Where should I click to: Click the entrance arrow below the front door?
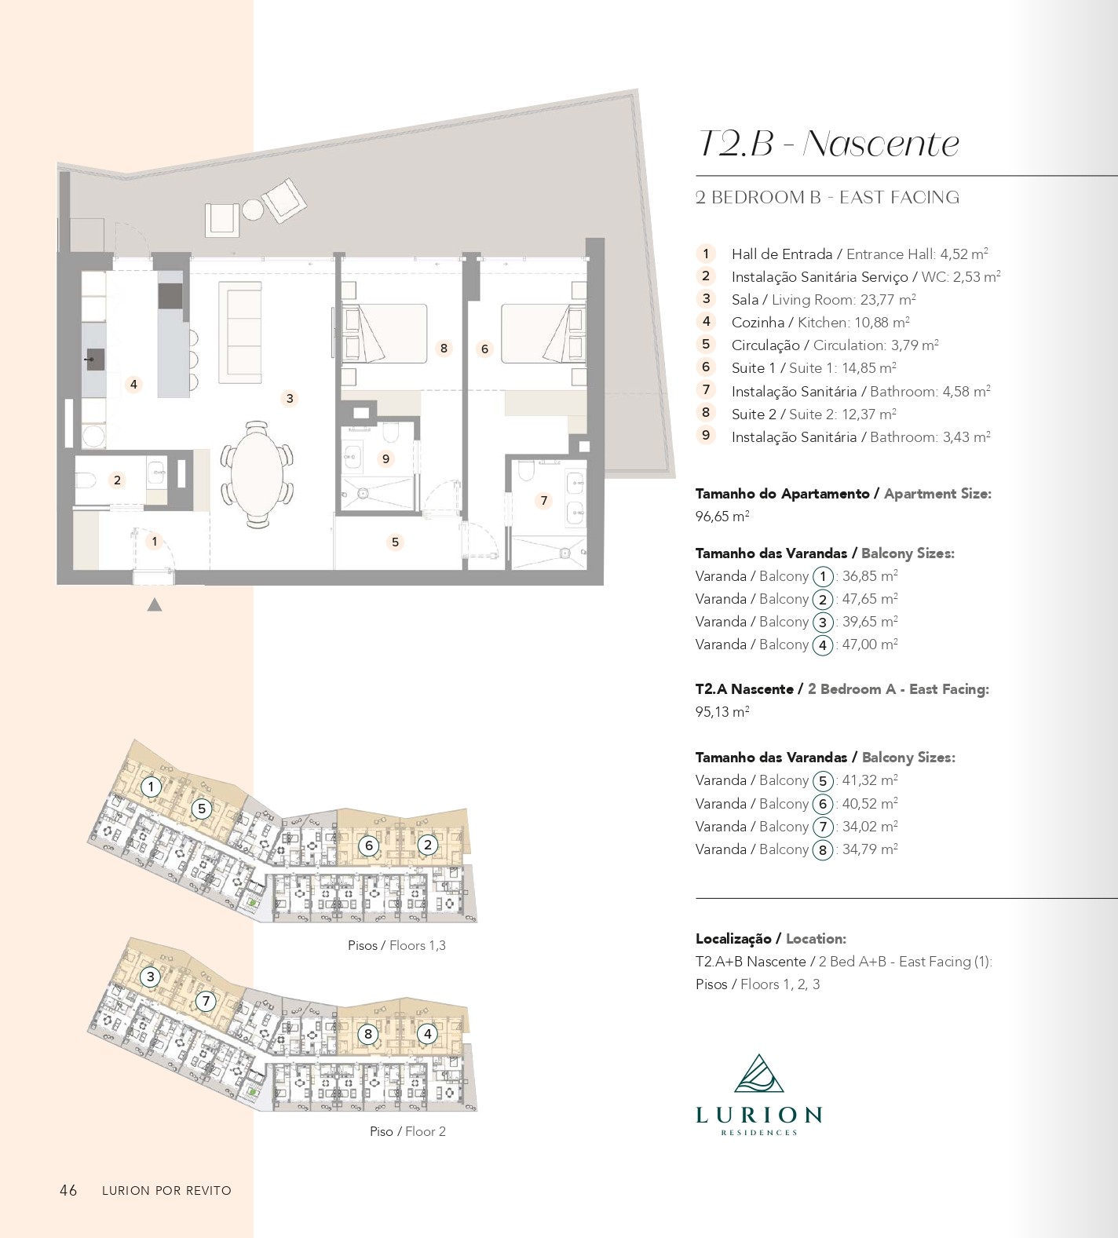155,604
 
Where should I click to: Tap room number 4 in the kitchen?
134,385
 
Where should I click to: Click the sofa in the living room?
240,332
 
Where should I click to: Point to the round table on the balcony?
253,210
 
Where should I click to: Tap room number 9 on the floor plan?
385,459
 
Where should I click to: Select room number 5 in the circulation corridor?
395,542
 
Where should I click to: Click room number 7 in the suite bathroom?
543,501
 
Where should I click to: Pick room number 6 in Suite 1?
484,349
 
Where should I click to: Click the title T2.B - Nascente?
828,144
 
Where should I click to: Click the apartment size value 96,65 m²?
722,517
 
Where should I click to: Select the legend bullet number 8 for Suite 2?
706,413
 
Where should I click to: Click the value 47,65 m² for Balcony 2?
870,599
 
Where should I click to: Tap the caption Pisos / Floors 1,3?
397,946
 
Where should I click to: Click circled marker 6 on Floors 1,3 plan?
368,845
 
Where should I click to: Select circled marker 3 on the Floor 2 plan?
150,977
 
